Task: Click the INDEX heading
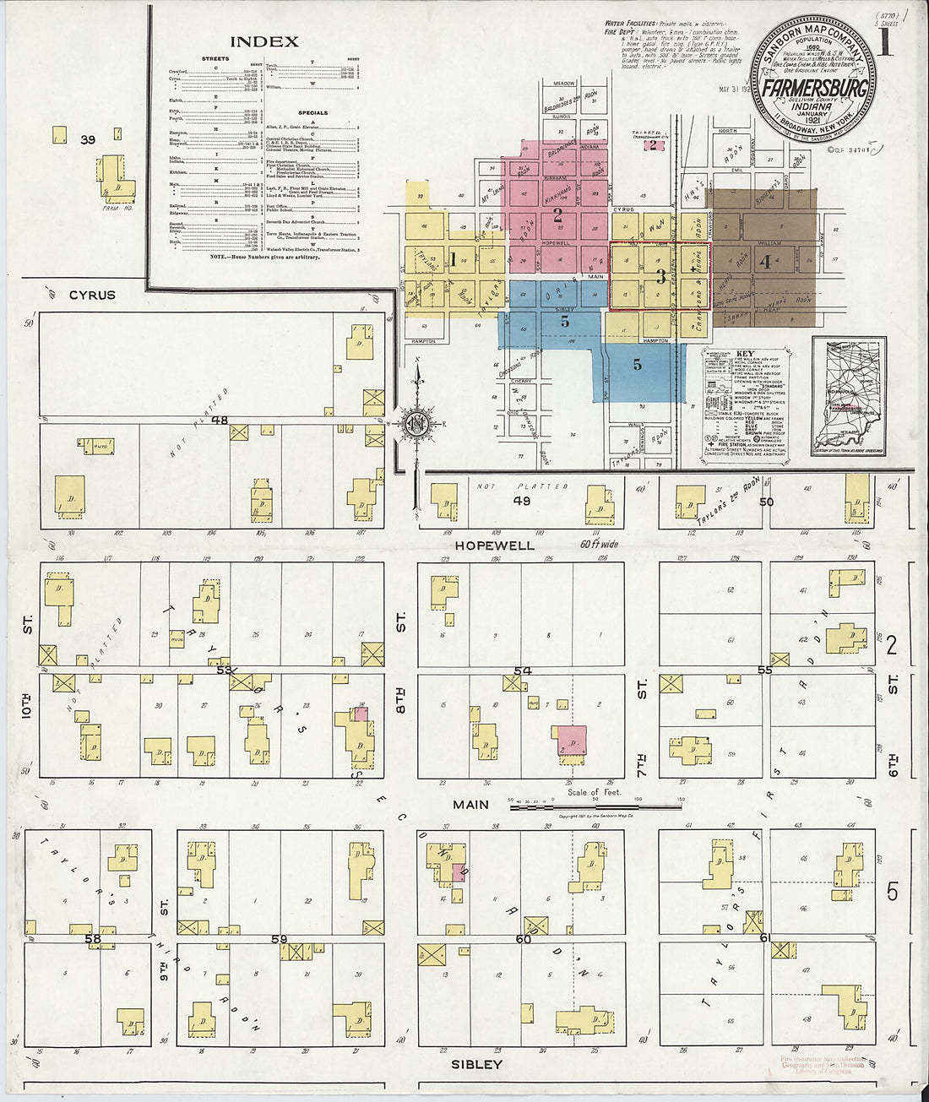pyautogui.click(x=264, y=41)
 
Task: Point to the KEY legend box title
pyautogui.click(x=745, y=354)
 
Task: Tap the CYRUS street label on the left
pyautogui.click(x=92, y=296)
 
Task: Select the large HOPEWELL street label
pyautogui.click(x=495, y=546)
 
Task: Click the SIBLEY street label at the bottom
pyautogui.click(x=477, y=1064)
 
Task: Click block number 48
pyautogui.click(x=220, y=420)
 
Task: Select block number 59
pyautogui.click(x=279, y=938)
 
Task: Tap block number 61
pyautogui.click(x=764, y=938)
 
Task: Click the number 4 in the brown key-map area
pyautogui.click(x=765, y=262)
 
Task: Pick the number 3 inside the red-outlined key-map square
pyautogui.click(x=661, y=276)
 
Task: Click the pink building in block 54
pyautogui.click(x=572, y=740)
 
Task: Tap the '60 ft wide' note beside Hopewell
pyautogui.click(x=599, y=545)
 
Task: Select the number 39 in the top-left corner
pyautogui.click(x=88, y=139)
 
